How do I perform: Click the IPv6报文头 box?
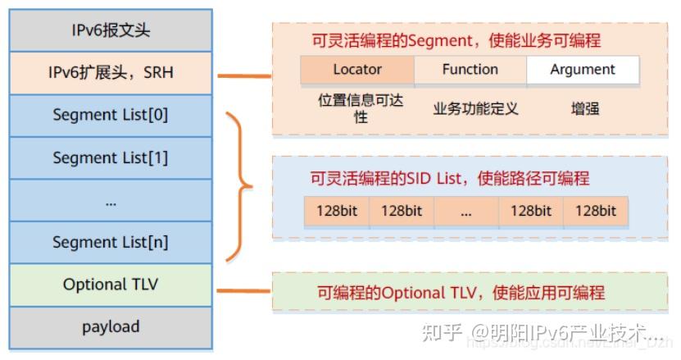click(x=111, y=31)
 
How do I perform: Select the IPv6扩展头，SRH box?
click(x=111, y=73)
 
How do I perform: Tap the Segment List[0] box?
click(x=111, y=115)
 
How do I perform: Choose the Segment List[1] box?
click(x=111, y=157)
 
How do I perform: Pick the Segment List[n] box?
click(x=111, y=242)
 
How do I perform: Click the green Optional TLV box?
click(x=111, y=285)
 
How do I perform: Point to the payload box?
click(x=111, y=326)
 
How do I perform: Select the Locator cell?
click(x=357, y=70)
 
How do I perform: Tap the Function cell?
click(x=470, y=70)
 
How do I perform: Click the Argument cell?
click(x=583, y=70)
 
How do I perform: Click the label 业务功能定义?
click(x=475, y=108)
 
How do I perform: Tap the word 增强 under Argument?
click(x=585, y=108)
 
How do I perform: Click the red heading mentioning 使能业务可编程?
click(x=456, y=40)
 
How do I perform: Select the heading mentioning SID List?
click(x=450, y=178)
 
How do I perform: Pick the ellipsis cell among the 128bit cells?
click(x=466, y=211)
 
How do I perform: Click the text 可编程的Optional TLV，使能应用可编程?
click(x=461, y=293)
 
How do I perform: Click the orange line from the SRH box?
click(x=244, y=76)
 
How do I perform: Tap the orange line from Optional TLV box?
click(x=244, y=289)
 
